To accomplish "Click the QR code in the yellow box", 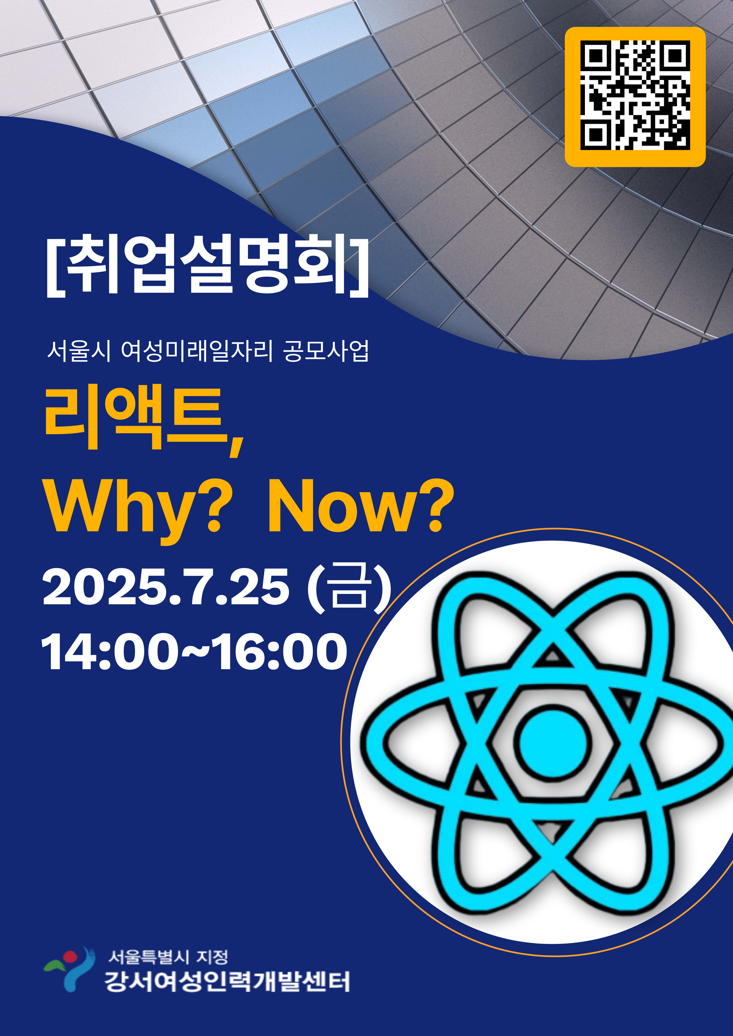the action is [635, 95].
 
